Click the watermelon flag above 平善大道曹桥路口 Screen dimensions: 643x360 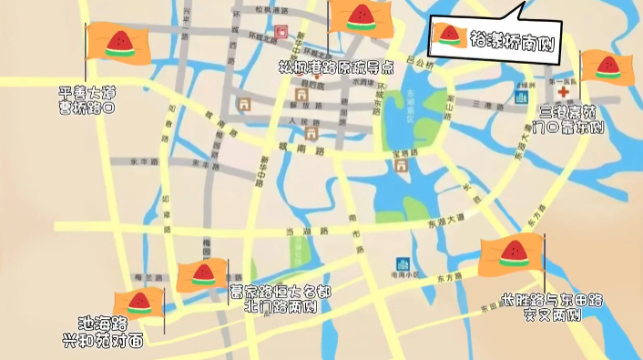[119, 43]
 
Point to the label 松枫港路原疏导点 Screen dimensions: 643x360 [336, 67]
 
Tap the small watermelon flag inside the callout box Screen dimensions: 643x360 [447, 35]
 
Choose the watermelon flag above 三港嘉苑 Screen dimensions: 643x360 [607, 66]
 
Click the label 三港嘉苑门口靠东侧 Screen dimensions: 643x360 [572, 119]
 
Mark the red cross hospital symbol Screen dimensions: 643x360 [561, 93]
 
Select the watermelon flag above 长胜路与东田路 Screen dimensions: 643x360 [512, 254]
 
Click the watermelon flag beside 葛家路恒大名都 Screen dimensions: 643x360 [202, 274]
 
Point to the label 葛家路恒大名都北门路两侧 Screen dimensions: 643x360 [280, 299]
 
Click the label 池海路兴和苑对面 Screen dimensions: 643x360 [103, 333]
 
